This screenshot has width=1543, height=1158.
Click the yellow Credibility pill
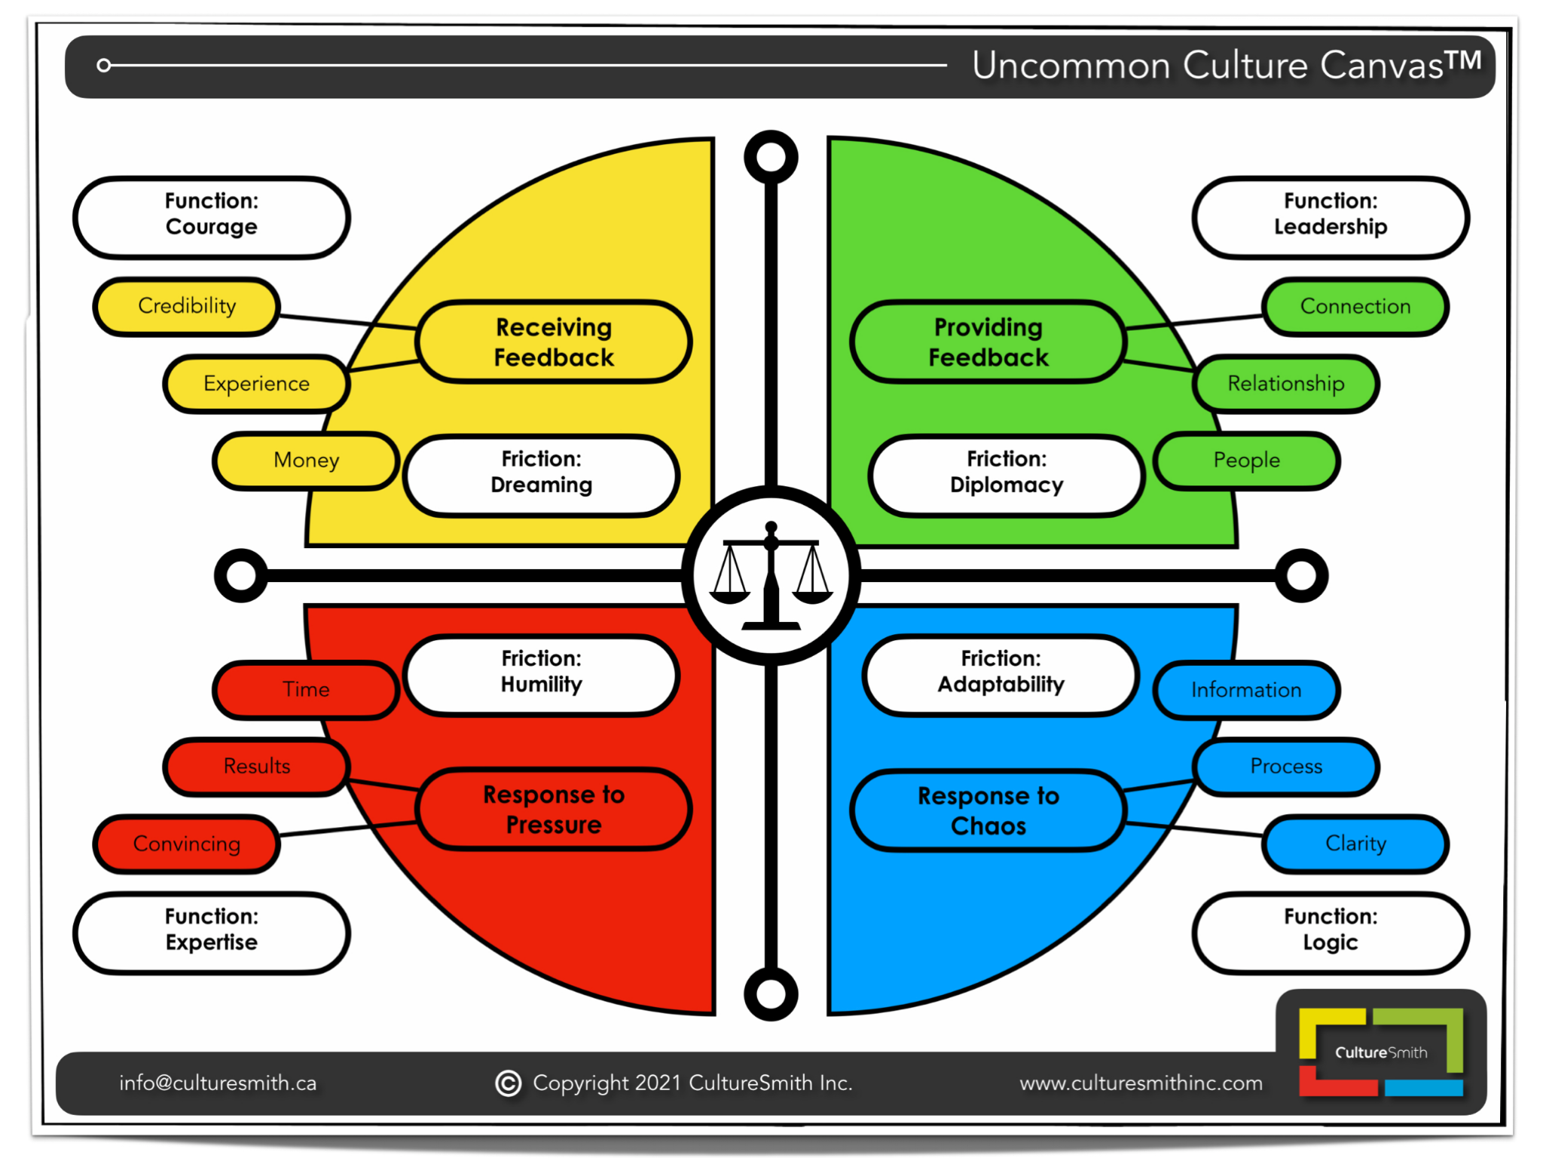click(187, 306)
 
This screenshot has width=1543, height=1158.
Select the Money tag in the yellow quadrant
click(306, 460)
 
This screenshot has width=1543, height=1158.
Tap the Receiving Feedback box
click(554, 342)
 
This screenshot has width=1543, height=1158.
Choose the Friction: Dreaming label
click(541, 473)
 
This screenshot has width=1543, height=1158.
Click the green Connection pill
click(1355, 306)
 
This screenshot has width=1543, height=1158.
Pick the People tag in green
click(1246, 460)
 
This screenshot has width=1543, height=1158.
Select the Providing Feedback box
click(988, 342)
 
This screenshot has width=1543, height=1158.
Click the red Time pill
click(306, 689)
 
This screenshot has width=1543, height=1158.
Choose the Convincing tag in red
click(187, 844)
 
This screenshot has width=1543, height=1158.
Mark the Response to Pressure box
click(554, 810)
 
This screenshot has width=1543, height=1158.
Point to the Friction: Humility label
click(541, 672)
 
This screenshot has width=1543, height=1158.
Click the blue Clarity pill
click(1355, 844)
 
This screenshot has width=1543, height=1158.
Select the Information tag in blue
click(1246, 690)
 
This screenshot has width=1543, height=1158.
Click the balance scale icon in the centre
click(771, 576)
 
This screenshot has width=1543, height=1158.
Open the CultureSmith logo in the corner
click(1380, 1052)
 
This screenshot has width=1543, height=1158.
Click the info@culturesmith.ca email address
click(218, 1083)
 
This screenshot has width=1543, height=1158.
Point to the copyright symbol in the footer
click(509, 1083)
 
